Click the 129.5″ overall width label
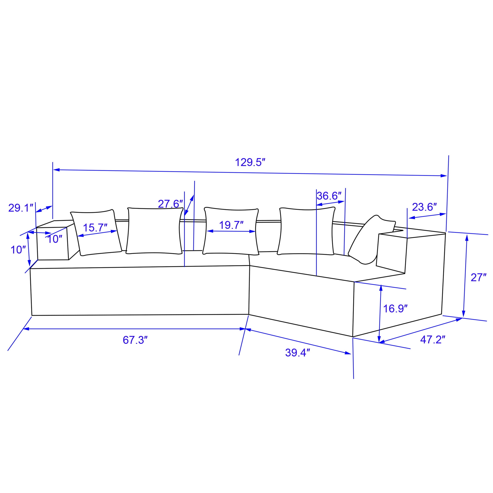click(x=250, y=162)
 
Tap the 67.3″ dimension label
click(x=135, y=340)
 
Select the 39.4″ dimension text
click(x=298, y=353)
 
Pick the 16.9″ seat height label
click(x=395, y=309)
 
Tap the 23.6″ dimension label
click(x=424, y=207)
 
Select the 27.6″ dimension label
click(x=171, y=204)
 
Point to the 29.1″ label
click(x=21, y=208)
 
